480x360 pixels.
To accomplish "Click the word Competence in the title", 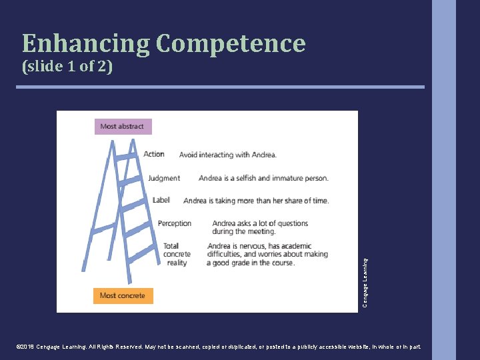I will [231, 44].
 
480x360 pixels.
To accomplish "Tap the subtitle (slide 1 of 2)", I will [67, 67].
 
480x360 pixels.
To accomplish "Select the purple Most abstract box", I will [123, 126].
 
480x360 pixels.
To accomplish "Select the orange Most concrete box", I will [123, 295].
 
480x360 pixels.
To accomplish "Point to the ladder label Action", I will [153, 154].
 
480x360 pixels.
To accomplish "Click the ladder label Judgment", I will [164, 178].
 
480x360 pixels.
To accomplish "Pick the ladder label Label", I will [161, 200].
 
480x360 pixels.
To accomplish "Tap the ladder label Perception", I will [175, 223].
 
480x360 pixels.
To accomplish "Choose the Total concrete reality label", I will [177, 254].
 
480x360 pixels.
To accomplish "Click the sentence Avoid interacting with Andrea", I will [227, 155].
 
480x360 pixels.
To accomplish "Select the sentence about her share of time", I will [256, 201].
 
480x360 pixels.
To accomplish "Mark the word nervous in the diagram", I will [255, 246].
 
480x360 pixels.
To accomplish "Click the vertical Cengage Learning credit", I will [365, 283].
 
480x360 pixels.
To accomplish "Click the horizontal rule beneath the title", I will [221, 87].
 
